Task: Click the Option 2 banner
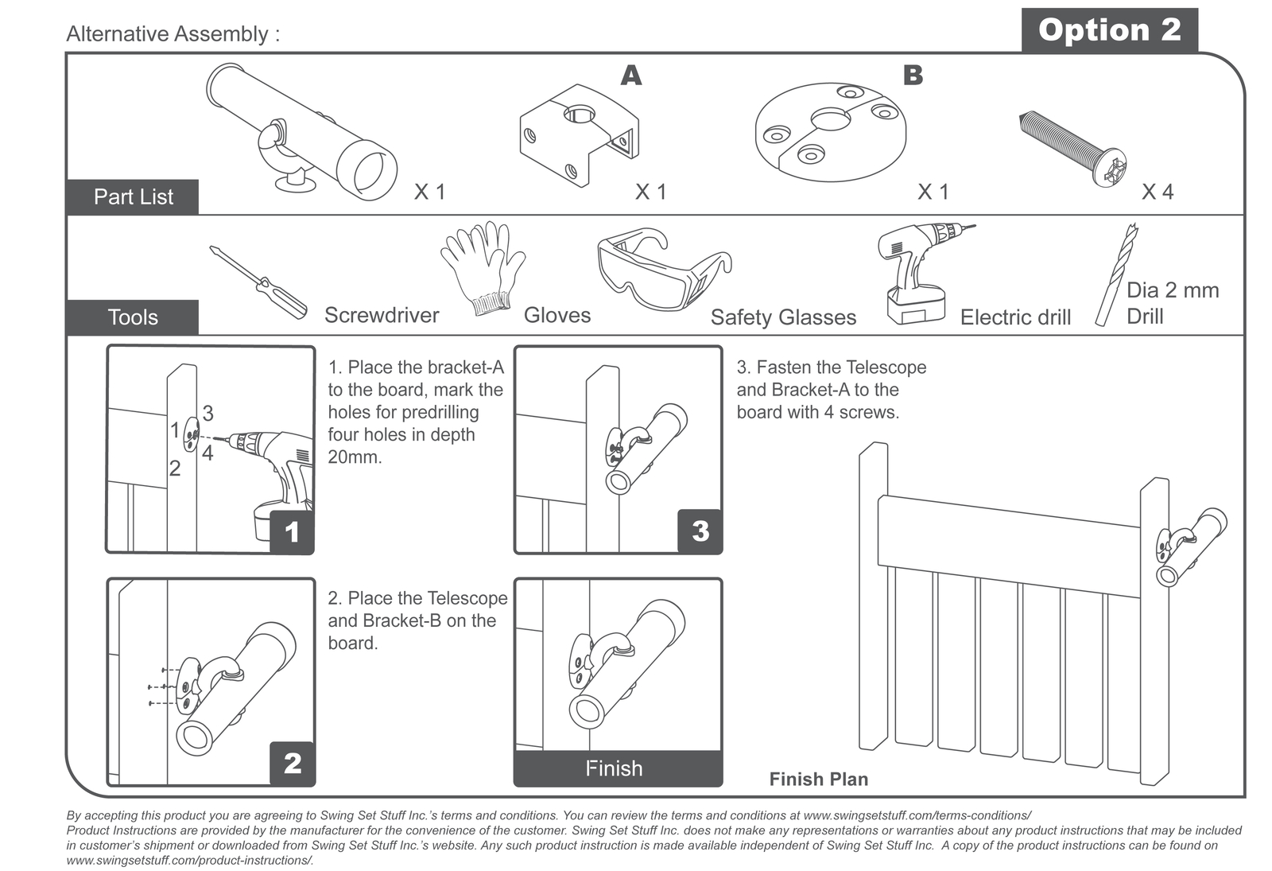pyautogui.click(x=1109, y=30)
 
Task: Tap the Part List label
pyautogui.click(x=133, y=196)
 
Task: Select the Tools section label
pyautogui.click(x=133, y=317)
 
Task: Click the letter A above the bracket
pyautogui.click(x=630, y=76)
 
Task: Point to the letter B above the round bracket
pyautogui.click(x=913, y=76)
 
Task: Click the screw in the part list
pyautogui.click(x=1072, y=149)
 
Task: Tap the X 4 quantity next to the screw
pyautogui.click(x=1158, y=192)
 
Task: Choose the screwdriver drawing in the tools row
pyautogui.click(x=258, y=282)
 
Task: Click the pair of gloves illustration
pyautogui.click(x=483, y=266)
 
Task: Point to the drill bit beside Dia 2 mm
pyautogui.click(x=1115, y=274)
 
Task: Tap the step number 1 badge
pyautogui.click(x=292, y=532)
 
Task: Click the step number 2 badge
pyautogui.click(x=292, y=764)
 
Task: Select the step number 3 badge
pyautogui.click(x=700, y=531)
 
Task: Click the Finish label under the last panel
pyautogui.click(x=614, y=768)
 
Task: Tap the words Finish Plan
pyautogui.click(x=818, y=780)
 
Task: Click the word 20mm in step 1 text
pyautogui.click(x=355, y=457)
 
